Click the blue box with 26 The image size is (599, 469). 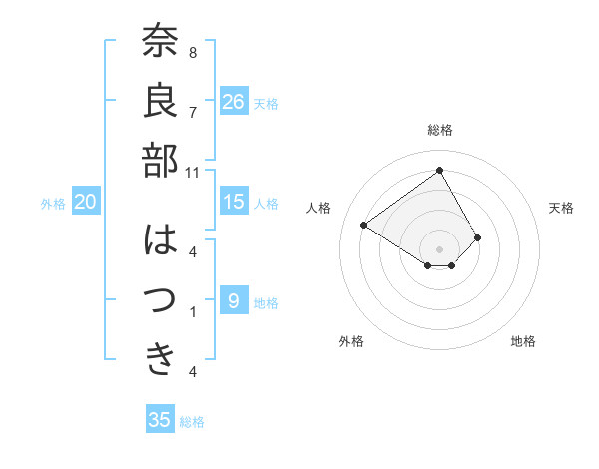click(234, 102)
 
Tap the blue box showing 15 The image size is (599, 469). click(234, 202)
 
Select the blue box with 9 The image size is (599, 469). click(234, 300)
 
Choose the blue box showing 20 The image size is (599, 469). click(86, 202)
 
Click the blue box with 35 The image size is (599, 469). click(160, 420)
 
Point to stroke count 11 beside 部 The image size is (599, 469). click(194, 172)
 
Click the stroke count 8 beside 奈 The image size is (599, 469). click(193, 52)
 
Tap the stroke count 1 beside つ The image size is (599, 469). click(193, 312)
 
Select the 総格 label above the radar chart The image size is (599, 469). click(440, 130)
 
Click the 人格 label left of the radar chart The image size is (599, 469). click(319, 208)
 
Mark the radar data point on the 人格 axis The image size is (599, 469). click(364, 226)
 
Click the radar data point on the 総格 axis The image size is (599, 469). click(439, 169)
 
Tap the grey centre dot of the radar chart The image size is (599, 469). click(439, 247)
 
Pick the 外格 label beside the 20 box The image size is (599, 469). click(53, 204)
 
